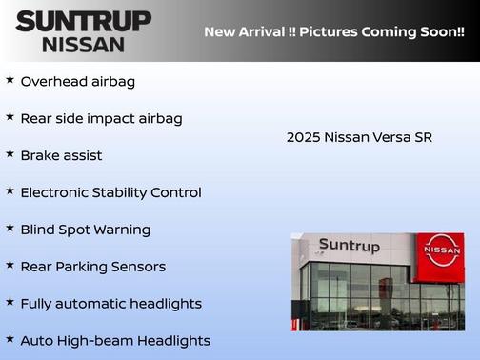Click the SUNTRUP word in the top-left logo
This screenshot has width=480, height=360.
(x=83, y=21)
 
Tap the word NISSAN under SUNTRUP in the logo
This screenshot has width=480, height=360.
(x=83, y=44)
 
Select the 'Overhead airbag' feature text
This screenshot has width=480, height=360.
(x=78, y=82)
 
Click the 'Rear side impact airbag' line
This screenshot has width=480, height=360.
(x=101, y=119)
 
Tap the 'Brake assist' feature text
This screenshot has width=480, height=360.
(x=61, y=155)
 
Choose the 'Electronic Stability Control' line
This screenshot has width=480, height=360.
(x=110, y=192)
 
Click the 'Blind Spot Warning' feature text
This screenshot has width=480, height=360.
(x=85, y=230)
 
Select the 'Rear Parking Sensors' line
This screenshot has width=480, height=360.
(x=92, y=267)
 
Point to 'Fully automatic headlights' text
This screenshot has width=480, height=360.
(x=110, y=304)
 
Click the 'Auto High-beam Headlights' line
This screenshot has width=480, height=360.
(x=115, y=341)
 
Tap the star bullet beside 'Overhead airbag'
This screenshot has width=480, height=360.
(x=10, y=80)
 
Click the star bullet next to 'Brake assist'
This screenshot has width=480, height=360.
(x=10, y=153)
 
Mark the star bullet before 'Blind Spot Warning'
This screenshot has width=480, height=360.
(x=10, y=228)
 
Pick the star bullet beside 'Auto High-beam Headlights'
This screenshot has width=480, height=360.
(x=10, y=339)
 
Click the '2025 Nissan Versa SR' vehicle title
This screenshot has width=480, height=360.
(x=359, y=138)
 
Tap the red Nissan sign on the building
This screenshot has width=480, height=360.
(x=442, y=250)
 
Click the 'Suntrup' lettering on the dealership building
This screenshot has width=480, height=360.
(x=349, y=246)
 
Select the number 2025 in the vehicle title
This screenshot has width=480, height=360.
(x=303, y=138)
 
